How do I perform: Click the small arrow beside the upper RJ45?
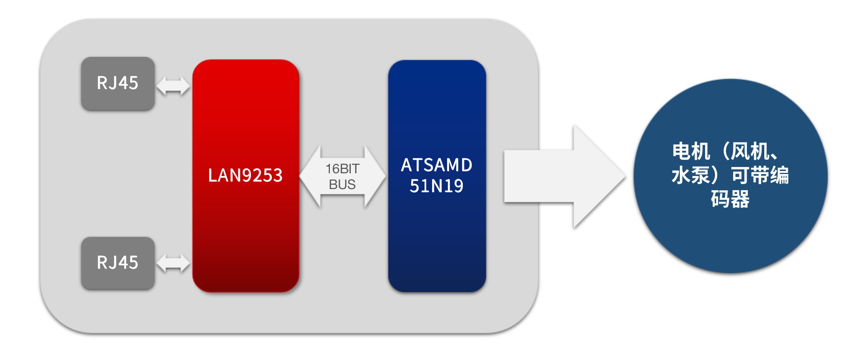(x=173, y=86)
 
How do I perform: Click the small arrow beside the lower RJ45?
(x=173, y=263)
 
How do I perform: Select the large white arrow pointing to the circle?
(x=560, y=176)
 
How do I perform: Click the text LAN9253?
(x=245, y=175)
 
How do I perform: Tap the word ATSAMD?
(x=437, y=165)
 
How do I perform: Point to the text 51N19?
(x=437, y=186)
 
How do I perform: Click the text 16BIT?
(x=342, y=169)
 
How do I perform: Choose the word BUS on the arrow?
(x=342, y=184)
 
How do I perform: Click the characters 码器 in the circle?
(x=730, y=199)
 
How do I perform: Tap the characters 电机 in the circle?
(x=691, y=152)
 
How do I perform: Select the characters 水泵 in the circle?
(x=690, y=175)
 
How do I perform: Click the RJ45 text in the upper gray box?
(x=118, y=83)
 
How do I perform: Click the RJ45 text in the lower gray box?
(x=118, y=262)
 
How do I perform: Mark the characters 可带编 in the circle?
(x=760, y=175)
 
